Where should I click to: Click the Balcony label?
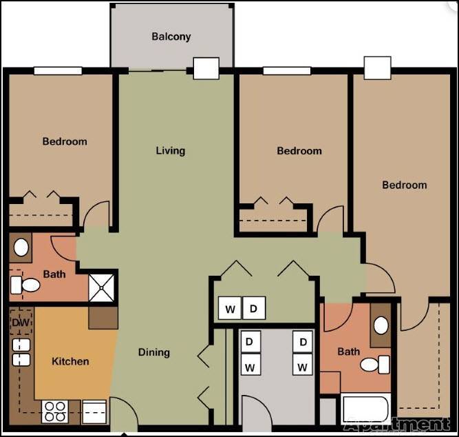(x=171, y=37)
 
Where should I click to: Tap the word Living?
(x=170, y=151)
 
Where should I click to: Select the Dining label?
(x=153, y=352)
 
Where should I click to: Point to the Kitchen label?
(x=70, y=361)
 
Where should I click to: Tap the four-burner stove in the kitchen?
(x=55, y=411)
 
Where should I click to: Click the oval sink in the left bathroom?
(x=21, y=247)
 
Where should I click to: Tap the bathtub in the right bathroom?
(x=365, y=409)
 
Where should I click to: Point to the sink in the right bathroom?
(x=381, y=326)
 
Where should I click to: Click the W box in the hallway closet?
(x=230, y=309)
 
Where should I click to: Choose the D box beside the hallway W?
(x=253, y=309)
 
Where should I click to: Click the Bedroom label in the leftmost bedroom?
(x=65, y=141)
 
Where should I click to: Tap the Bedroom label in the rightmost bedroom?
(x=404, y=185)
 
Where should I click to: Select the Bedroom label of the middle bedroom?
(x=299, y=151)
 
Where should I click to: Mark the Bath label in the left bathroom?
(x=54, y=274)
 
